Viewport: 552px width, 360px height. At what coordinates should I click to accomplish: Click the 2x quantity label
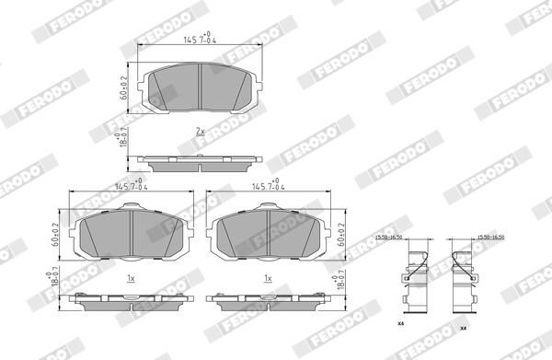(x=200, y=132)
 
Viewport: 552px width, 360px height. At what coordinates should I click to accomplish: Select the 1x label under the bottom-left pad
(x=132, y=277)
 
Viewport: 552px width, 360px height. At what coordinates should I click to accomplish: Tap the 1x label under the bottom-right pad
(x=268, y=277)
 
